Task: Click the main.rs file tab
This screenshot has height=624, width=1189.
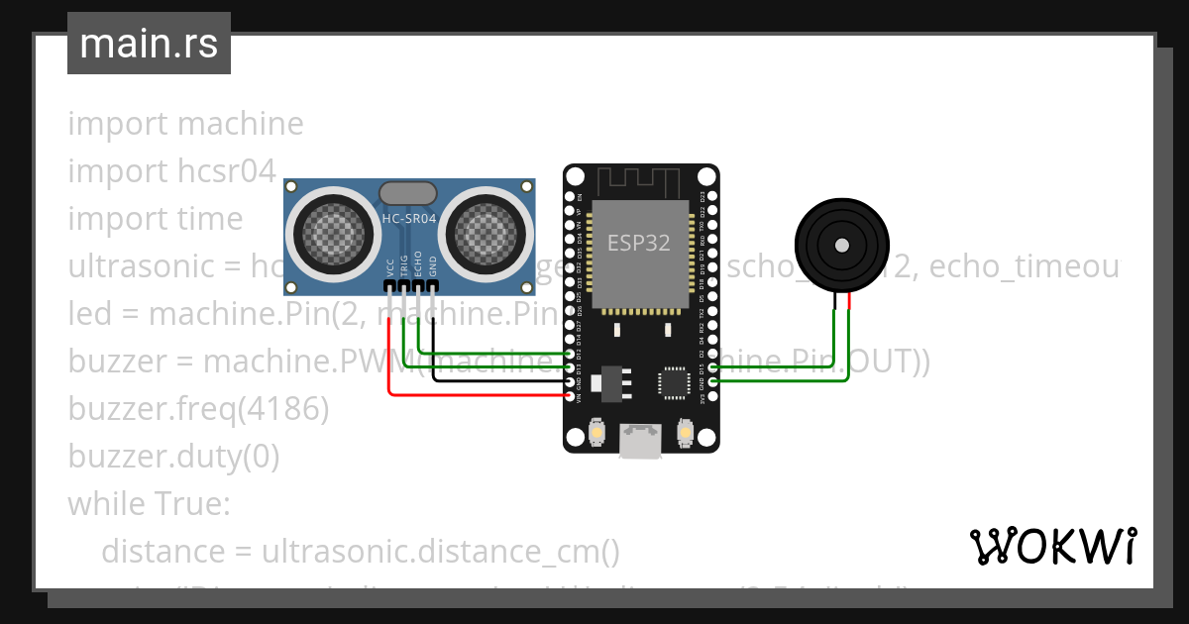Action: pyautogui.click(x=149, y=44)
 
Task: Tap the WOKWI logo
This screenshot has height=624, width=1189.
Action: pyautogui.click(x=1052, y=546)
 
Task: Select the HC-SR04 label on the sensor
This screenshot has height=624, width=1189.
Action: pyautogui.click(x=409, y=217)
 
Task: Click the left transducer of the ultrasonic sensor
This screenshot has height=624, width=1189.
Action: pyautogui.click(x=333, y=234)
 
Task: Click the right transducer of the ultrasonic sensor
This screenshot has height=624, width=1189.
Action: pyautogui.click(x=486, y=234)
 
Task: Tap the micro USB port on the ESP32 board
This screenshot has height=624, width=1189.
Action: pyautogui.click(x=641, y=441)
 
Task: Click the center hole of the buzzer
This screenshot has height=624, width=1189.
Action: pyautogui.click(x=842, y=244)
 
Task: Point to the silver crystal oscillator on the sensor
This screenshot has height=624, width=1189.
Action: pyautogui.click(x=408, y=191)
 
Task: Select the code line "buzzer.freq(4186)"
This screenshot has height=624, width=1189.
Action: pyautogui.click(x=198, y=408)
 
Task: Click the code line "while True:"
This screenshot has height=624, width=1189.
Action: pyautogui.click(x=149, y=503)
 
